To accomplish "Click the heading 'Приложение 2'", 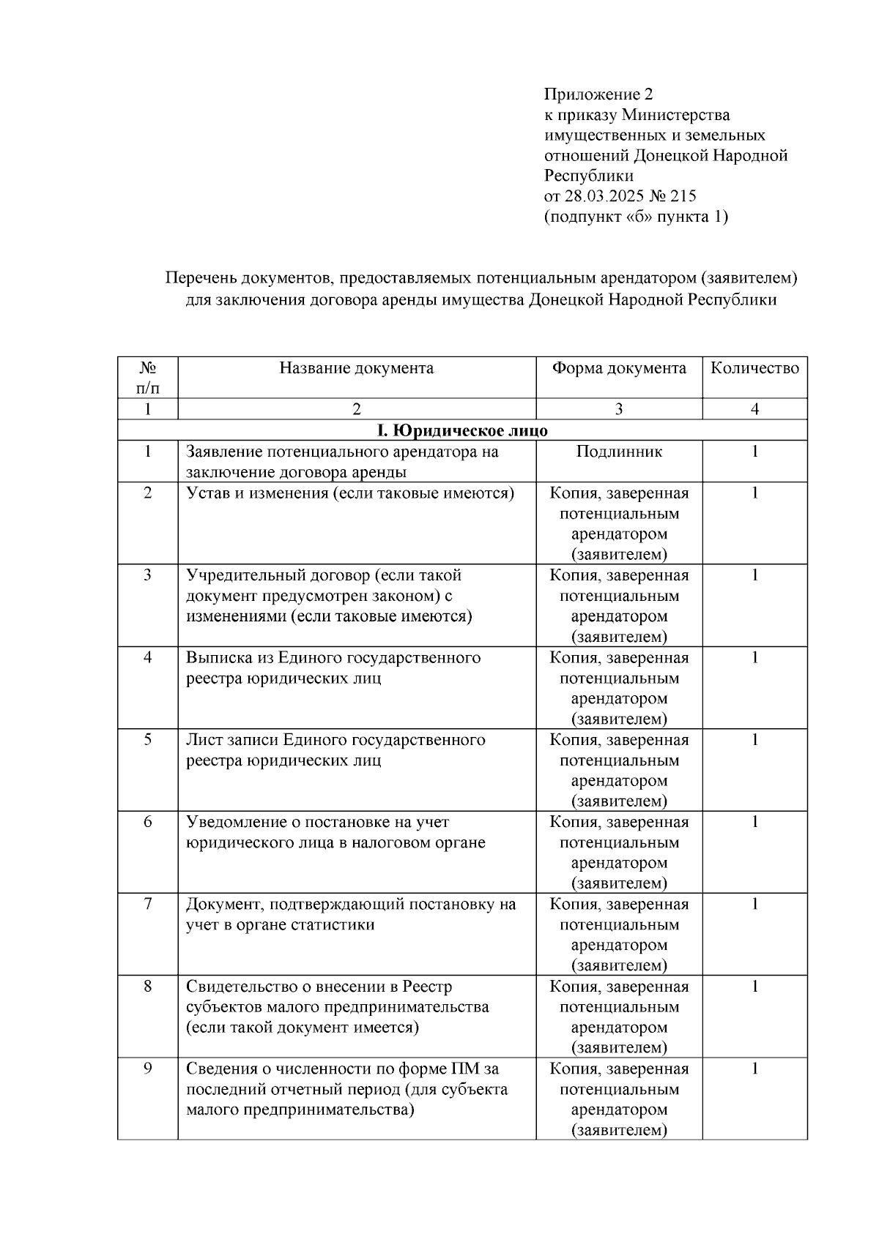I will (598, 94).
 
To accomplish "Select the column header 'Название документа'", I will (356, 368).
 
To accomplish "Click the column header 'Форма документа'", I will (619, 368).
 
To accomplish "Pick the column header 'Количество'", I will (754, 368).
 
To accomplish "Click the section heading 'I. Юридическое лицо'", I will (461, 430).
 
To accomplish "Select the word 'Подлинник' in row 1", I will (619, 452).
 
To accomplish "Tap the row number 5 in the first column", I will (148, 740).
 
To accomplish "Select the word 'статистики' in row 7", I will (336, 925).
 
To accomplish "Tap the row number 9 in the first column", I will (148, 1069).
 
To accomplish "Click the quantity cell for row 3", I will (754, 575).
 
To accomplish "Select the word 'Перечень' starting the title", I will (197, 278).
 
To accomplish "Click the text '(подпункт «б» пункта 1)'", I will (636, 217).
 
